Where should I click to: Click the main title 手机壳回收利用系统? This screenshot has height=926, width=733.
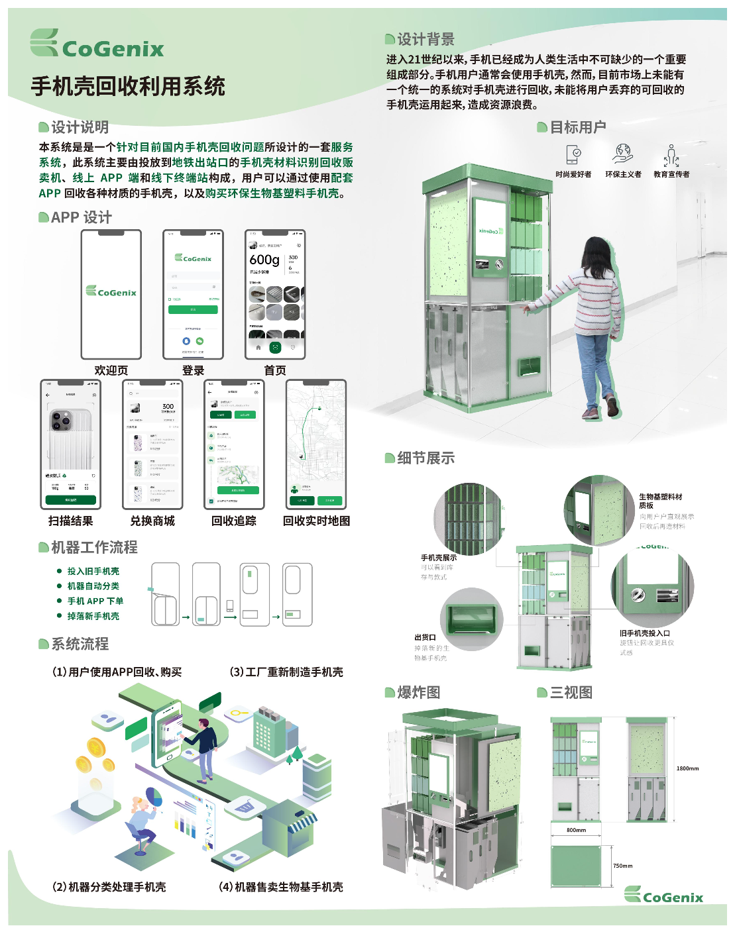click(128, 87)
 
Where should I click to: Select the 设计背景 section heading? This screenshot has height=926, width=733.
click(425, 39)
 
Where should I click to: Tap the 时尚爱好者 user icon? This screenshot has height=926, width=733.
click(573, 155)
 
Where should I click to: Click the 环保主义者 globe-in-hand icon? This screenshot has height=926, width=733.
click(623, 154)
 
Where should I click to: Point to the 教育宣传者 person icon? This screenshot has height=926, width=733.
click(671, 156)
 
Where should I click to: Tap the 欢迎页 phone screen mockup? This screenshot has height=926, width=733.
click(111, 294)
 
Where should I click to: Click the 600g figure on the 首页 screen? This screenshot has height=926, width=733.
click(264, 260)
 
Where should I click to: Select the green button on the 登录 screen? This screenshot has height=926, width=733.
click(193, 309)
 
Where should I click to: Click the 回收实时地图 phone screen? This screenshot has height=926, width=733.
click(316, 444)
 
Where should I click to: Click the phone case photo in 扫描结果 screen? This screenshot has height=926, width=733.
click(70, 437)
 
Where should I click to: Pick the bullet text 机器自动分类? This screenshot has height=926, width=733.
click(93, 586)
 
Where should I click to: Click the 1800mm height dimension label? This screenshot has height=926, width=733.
click(687, 768)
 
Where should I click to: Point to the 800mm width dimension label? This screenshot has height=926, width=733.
click(576, 830)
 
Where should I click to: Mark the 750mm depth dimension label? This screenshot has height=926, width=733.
click(622, 866)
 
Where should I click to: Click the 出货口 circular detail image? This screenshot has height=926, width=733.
click(472, 620)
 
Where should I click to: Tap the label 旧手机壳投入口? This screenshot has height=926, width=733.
click(644, 633)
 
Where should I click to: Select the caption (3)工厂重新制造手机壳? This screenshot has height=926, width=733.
click(286, 672)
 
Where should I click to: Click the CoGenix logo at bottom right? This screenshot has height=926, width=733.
click(663, 896)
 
